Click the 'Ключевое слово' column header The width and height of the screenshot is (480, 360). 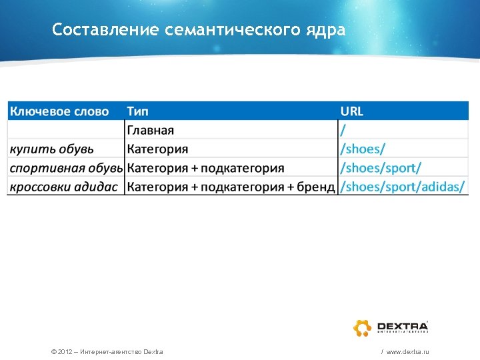click(x=59, y=111)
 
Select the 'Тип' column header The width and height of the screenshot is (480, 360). click(x=138, y=111)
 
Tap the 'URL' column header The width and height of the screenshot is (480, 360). click(x=352, y=111)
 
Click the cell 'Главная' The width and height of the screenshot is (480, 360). click(x=151, y=130)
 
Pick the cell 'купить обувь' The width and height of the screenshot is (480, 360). click(x=51, y=149)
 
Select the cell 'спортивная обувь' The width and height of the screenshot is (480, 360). click(x=66, y=167)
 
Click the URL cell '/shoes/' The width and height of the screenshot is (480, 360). click(x=363, y=149)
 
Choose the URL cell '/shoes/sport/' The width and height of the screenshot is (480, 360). click(x=381, y=167)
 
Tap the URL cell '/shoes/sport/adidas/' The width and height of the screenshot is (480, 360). click(x=403, y=186)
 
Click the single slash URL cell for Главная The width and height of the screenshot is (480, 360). click(x=343, y=130)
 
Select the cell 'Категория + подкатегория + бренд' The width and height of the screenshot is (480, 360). click(x=231, y=186)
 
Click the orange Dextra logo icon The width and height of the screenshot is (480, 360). click(x=363, y=328)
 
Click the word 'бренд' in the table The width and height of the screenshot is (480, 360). click(x=316, y=186)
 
